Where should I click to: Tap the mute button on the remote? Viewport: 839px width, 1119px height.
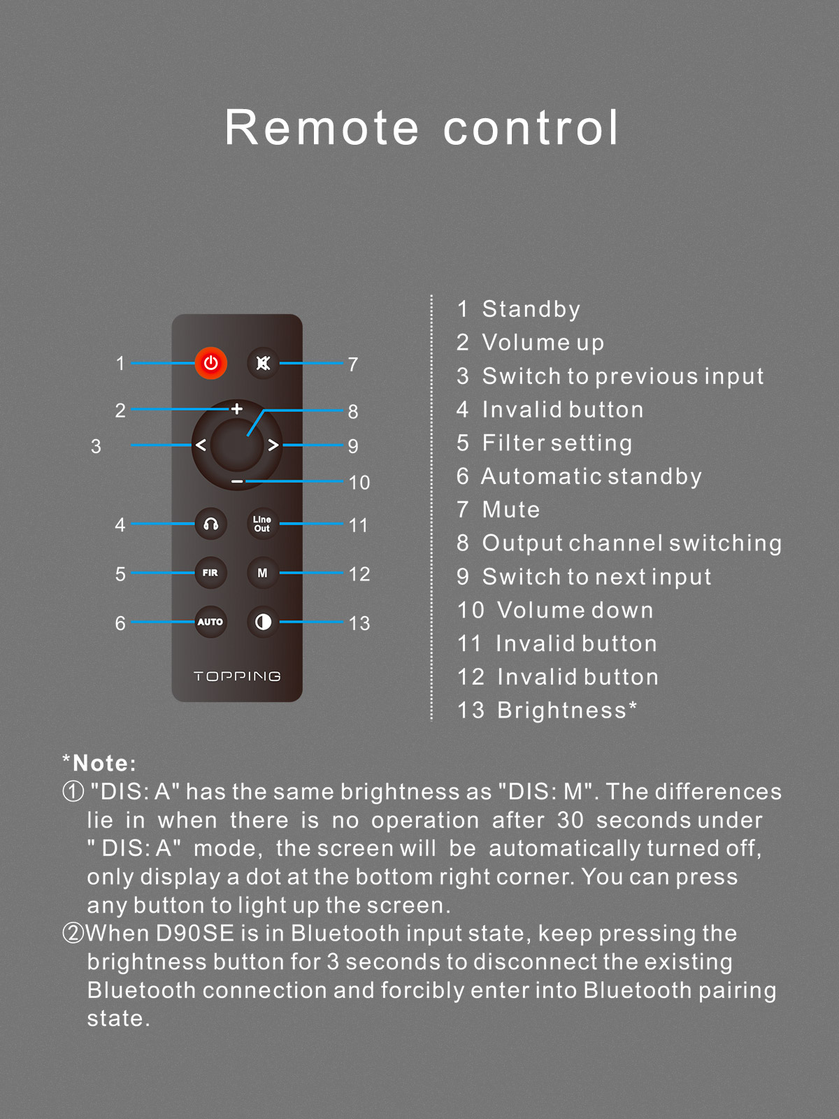click(263, 363)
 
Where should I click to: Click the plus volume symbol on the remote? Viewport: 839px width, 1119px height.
click(237, 409)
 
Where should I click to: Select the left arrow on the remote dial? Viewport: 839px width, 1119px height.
click(201, 445)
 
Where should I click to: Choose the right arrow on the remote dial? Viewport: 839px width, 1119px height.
click(273, 445)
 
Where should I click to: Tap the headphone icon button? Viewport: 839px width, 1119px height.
click(211, 524)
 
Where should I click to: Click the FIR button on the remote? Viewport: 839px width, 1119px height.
click(210, 573)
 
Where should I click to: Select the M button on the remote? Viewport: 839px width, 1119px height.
click(263, 573)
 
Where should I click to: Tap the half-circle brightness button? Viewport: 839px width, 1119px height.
click(263, 622)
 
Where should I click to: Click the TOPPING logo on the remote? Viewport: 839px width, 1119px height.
click(237, 676)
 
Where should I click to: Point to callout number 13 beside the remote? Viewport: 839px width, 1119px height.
click(359, 623)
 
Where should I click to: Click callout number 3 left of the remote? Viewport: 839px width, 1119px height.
click(96, 446)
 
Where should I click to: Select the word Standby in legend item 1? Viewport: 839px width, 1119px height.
click(531, 309)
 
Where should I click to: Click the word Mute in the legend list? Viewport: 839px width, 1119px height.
click(511, 510)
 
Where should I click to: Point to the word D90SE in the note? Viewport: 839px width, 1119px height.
click(195, 934)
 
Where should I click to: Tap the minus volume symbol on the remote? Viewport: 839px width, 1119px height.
click(238, 481)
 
